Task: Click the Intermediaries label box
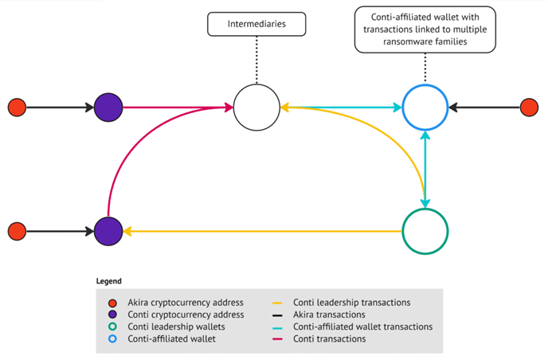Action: [x=256, y=24]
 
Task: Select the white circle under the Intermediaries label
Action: [x=256, y=107]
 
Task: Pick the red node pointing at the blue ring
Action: [x=530, y=107]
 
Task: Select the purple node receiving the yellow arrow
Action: [x=108, y=231]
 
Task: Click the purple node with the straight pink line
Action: [x=108, y=107]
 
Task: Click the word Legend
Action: [x=109, y=281]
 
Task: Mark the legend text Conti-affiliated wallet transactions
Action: [x=362, y=327]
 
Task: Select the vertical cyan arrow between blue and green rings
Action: [x=425, y=169]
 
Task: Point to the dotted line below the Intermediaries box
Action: [x=256, y=60]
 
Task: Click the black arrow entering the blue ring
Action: [x=486, y=107]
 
